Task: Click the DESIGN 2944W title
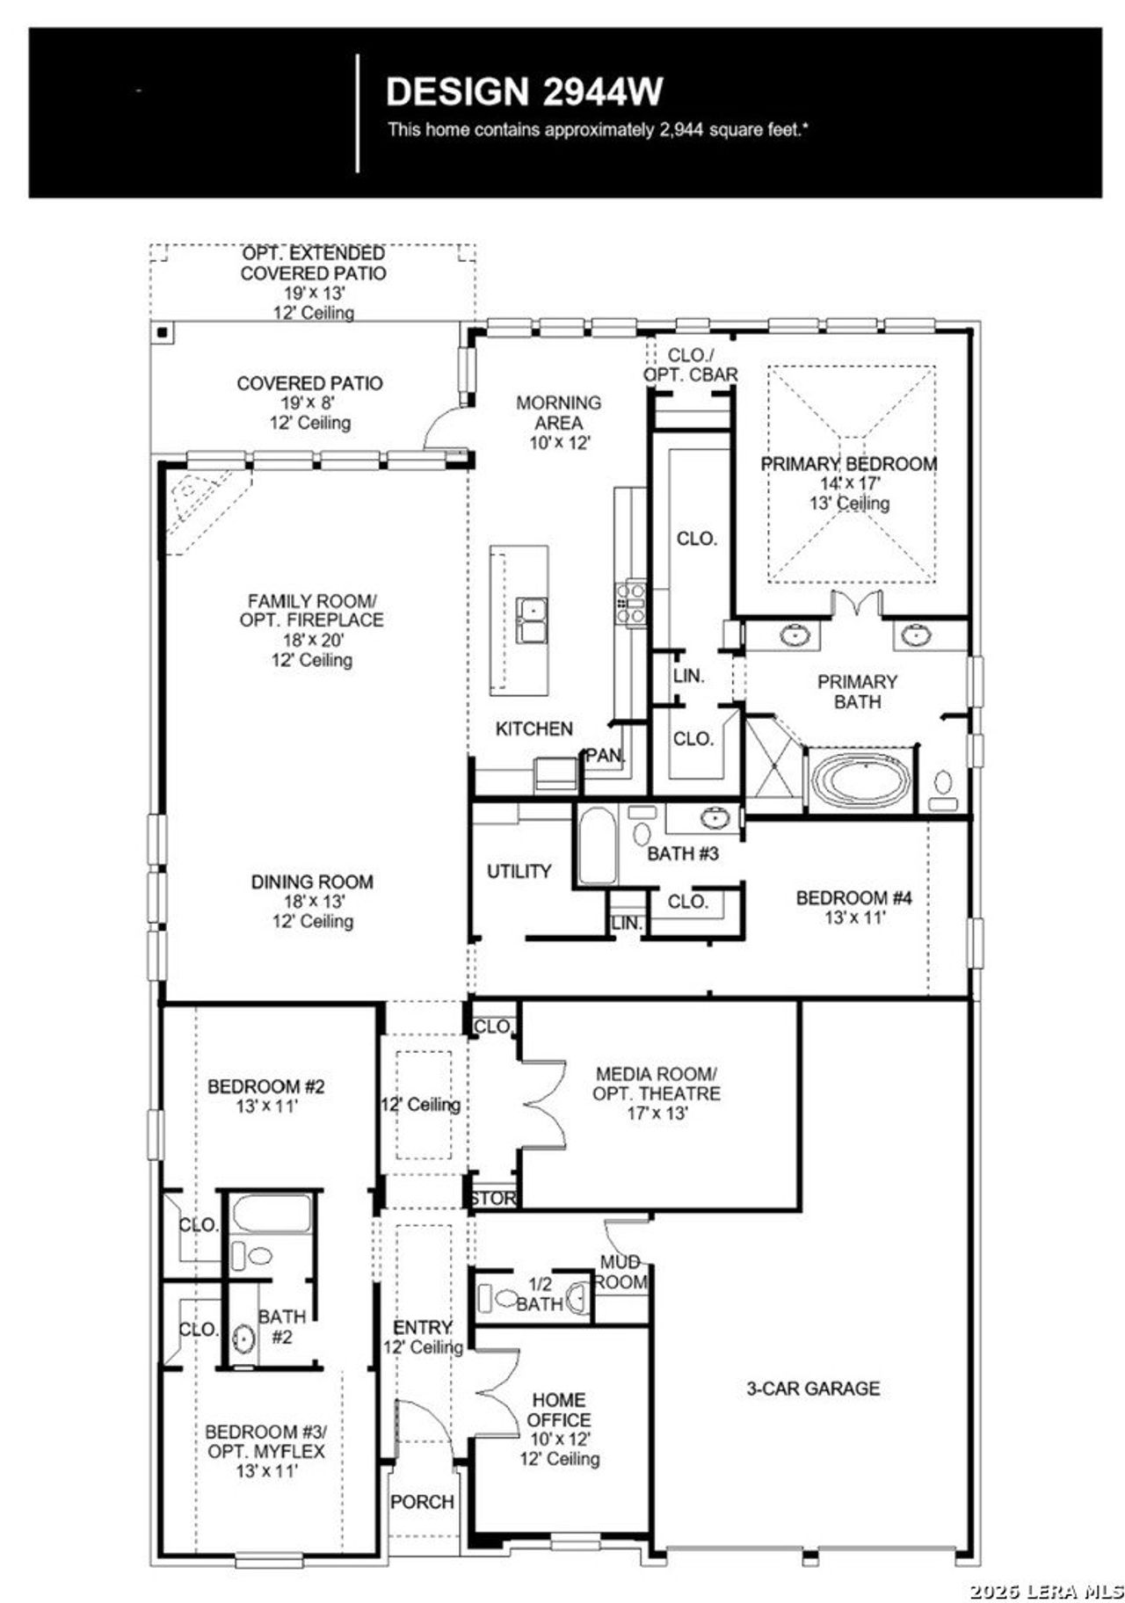coord(524,91)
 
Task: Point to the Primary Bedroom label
coord(848,464)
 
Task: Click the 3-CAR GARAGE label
coord(812,1388)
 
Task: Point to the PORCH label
coord(423,1502)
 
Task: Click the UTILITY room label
coord(519,871)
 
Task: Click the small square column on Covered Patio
coord(163,333)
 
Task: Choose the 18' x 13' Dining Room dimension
coord(312,902)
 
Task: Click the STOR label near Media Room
coord(492,1198)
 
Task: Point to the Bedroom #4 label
coord(853,897)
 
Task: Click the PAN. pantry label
coord(606,755)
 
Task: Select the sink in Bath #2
coord(243,1338)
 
